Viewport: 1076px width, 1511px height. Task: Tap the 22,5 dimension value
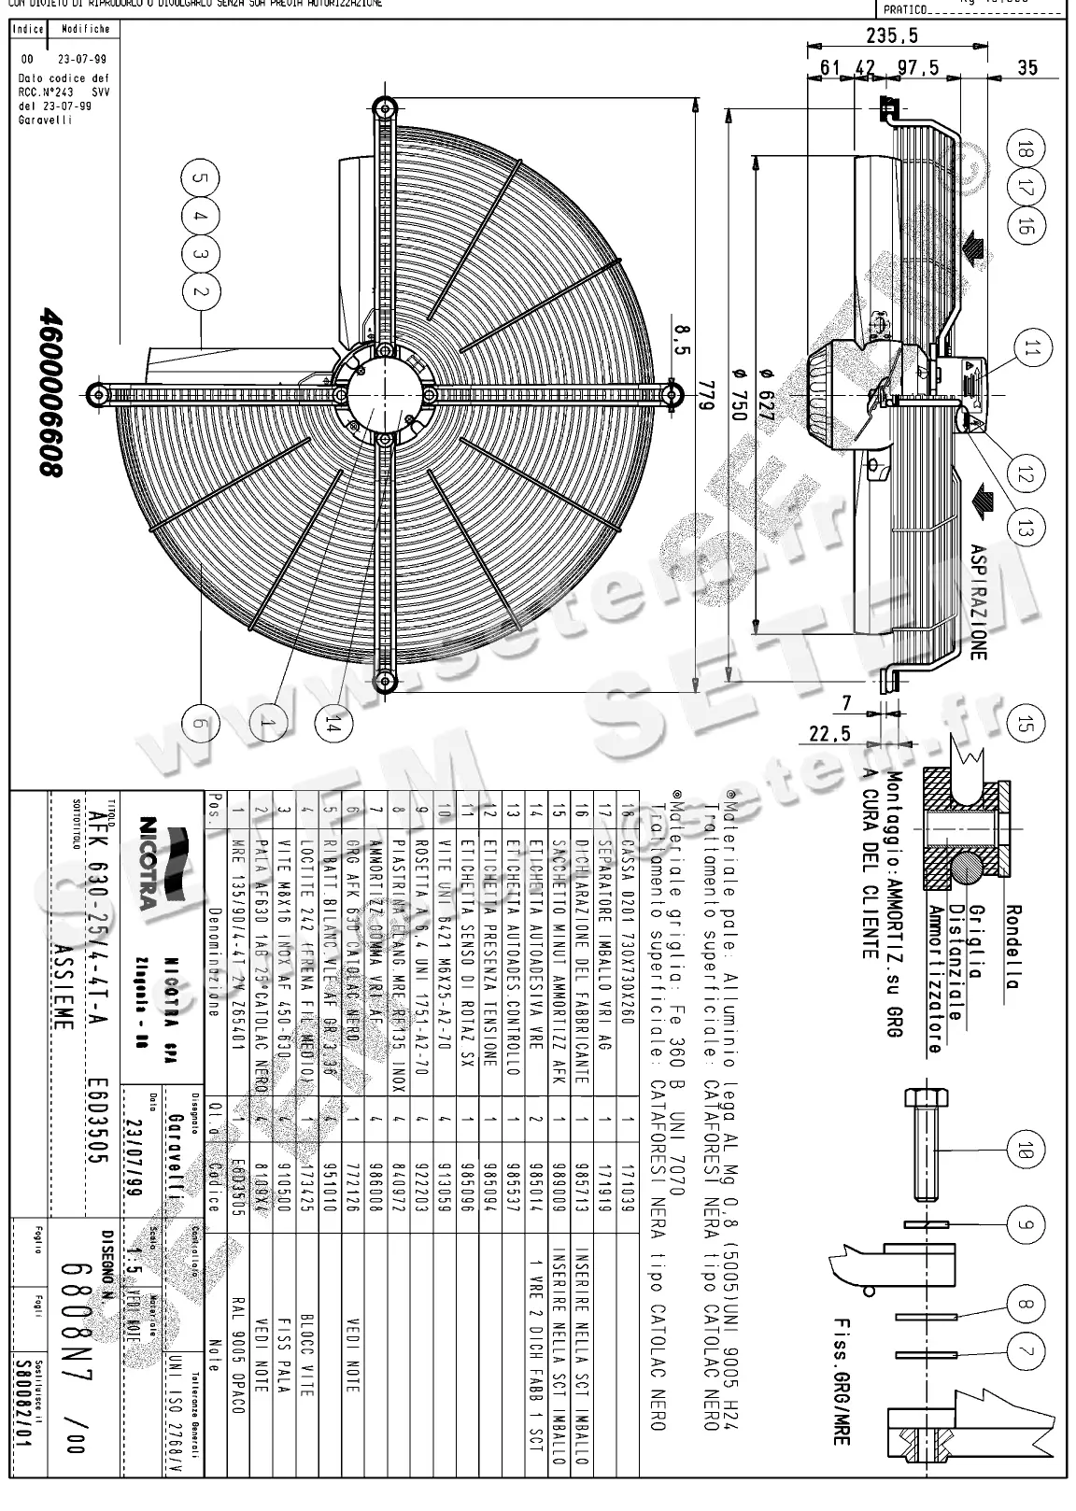[x=829, y=734]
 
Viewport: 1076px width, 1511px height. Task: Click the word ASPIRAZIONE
[x=977, y=601]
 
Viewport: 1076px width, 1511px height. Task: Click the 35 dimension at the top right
[x=1026, y=67]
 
